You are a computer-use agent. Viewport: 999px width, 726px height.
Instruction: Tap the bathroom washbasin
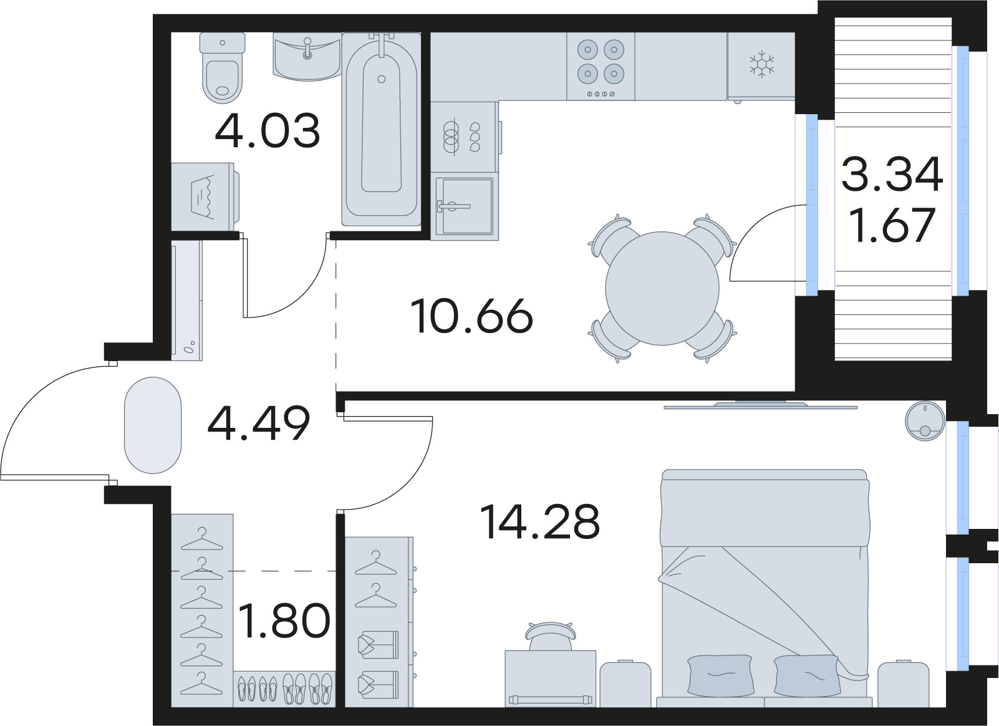point(307,57)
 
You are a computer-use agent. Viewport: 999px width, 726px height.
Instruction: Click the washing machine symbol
point(203,197)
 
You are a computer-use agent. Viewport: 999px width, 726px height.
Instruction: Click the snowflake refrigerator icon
point(761,65)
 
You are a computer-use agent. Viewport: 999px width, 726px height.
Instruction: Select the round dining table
point(662,288)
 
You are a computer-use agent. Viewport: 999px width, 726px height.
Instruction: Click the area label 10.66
point(471,316)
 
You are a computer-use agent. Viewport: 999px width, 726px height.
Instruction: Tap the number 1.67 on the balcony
point(893,225)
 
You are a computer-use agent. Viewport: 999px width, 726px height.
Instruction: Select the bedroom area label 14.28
point(540,522)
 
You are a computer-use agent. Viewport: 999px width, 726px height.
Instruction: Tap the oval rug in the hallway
point(153,433)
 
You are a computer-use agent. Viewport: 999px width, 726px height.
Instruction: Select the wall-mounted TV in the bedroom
point(760,405)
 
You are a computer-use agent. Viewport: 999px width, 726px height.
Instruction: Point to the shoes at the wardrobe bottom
point(284,689)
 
